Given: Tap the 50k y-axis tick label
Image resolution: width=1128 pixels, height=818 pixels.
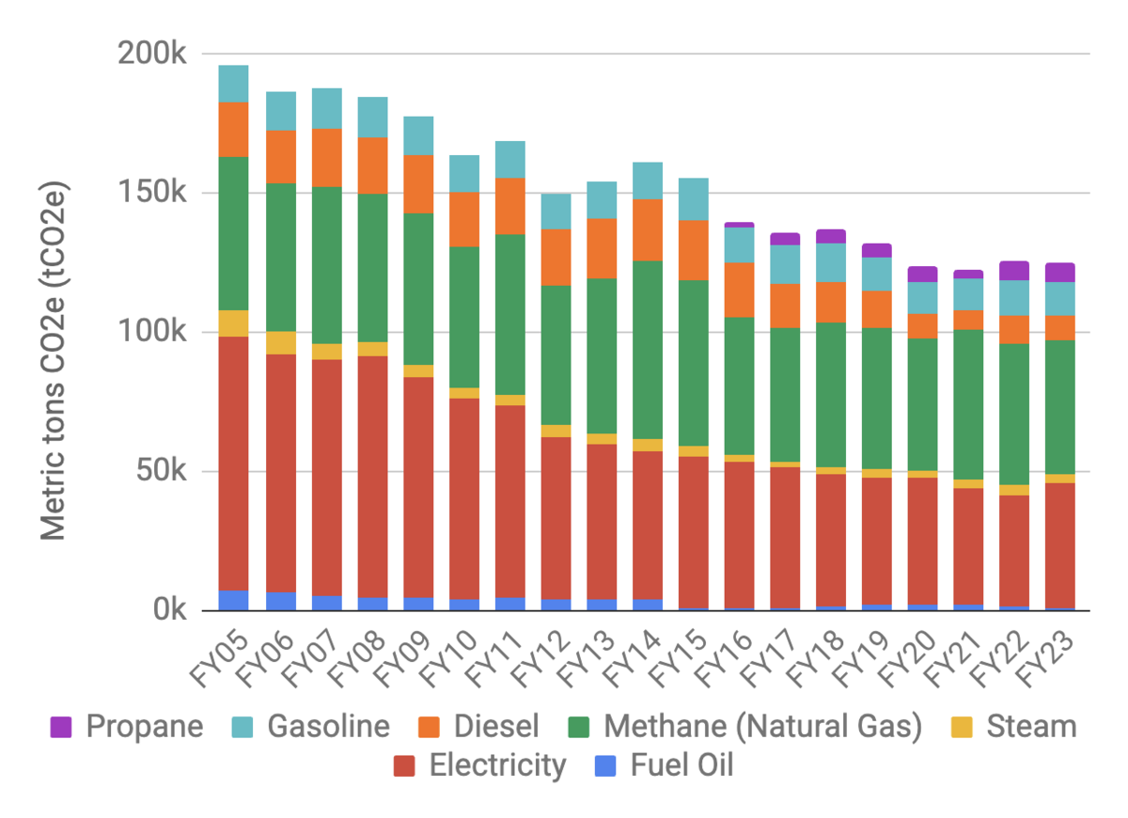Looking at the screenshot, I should (160, 471).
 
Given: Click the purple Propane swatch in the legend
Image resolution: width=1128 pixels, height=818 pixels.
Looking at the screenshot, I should (61, 726).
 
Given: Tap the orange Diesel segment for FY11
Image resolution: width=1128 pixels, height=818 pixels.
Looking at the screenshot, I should (509, 206).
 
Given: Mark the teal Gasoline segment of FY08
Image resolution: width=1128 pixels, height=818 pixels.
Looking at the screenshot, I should (372, 118).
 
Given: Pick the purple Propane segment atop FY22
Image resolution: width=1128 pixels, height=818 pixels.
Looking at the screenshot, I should (1014, 271).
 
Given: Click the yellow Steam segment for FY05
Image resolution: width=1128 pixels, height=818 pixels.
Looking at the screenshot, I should (233, 323).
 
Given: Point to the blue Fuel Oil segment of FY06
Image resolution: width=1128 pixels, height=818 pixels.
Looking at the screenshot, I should (280, 601).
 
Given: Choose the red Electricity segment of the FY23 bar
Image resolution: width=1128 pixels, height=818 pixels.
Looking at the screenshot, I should (1060, 545).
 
